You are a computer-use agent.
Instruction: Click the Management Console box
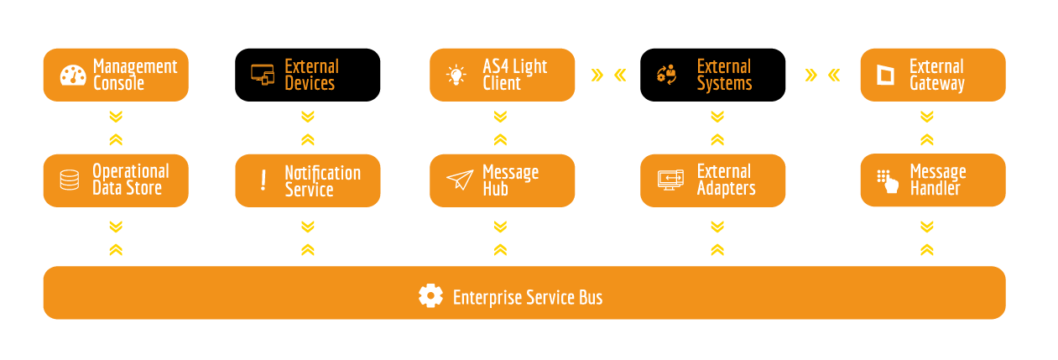click(116, 75)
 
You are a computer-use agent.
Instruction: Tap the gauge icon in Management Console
click(73, 75)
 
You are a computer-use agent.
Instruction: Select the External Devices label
click(311, 75)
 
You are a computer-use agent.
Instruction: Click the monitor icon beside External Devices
click(263, 74)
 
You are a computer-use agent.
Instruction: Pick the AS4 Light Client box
click(502, 75)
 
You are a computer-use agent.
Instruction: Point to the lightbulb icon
click(456, 75)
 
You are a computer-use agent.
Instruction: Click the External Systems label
click(724, 75)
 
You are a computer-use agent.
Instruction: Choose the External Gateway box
click(932, 75)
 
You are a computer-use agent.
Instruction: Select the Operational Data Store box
click(116, 180)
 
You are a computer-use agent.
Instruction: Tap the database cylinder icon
click(69, 180)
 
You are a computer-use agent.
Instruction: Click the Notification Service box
click(307, 180)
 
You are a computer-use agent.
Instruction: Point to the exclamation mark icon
click(263, 180)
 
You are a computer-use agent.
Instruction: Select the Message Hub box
click(502, 180)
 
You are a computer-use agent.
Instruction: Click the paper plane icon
click(460, 180)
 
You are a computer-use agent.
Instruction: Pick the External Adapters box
click(712, 180)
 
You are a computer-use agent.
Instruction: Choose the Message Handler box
click(932, 180)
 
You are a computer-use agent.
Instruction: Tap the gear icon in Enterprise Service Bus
click(430, 295)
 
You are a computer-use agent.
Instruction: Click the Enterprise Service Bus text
click(528, 297)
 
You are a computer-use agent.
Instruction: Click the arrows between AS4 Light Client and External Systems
click(608, 76)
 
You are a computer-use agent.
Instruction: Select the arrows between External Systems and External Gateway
click(822, 76)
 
